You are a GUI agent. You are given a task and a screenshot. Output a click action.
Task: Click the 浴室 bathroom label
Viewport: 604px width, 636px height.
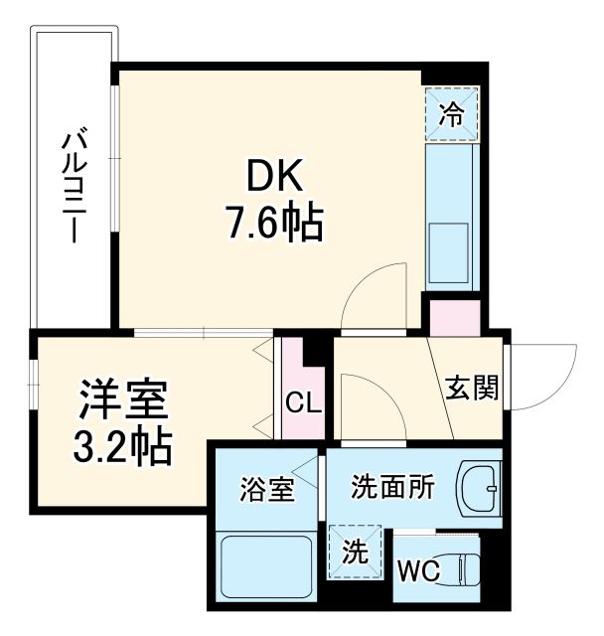(x=267, y=489)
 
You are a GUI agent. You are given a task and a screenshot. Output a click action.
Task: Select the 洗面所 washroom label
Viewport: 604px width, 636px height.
(x=392, y=487)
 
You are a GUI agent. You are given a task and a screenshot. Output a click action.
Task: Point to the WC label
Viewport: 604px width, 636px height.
(x=419, y=571)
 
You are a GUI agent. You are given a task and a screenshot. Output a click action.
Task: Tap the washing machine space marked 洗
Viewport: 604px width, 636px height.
(x=354, y=549)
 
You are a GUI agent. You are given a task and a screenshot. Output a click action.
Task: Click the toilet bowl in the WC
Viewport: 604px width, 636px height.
(x=467, y=569)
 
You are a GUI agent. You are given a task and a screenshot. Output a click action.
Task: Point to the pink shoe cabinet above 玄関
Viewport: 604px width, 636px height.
(x=453, y=316)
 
